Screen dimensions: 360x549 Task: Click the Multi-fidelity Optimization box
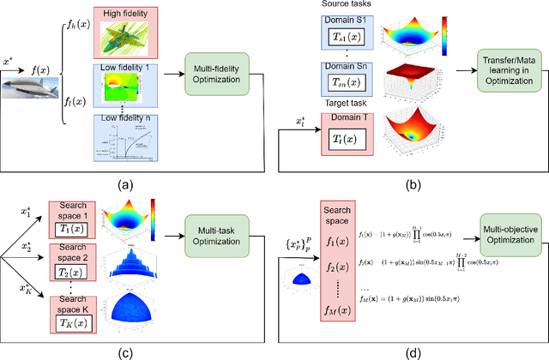pos(216,75)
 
